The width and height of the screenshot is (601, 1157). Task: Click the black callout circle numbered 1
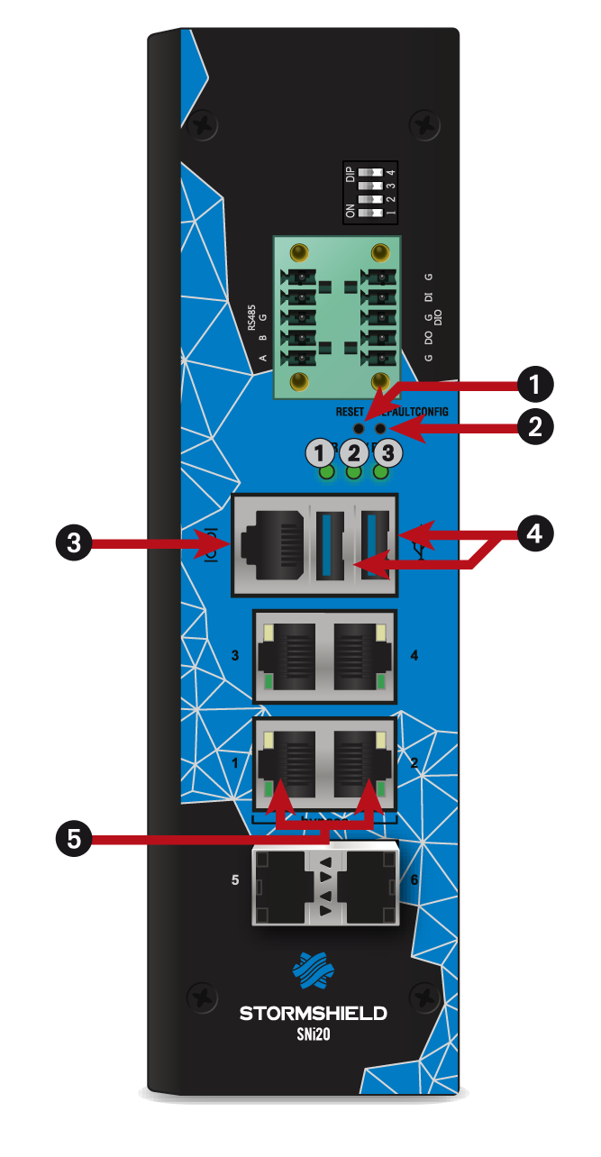536,386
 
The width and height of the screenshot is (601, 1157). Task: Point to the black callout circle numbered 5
73,839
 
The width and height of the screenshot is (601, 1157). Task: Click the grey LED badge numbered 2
354,451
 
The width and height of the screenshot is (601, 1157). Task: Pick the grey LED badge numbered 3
387,451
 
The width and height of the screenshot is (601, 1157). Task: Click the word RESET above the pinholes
350,411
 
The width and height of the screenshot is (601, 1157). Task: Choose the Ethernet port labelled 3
287,656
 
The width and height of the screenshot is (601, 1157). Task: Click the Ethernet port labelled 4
360,656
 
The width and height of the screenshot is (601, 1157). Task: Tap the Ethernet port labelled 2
360,761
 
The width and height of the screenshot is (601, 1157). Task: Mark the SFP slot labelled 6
369,888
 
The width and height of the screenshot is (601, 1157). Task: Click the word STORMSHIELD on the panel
313,1014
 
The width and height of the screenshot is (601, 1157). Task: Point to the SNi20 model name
313,1035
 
